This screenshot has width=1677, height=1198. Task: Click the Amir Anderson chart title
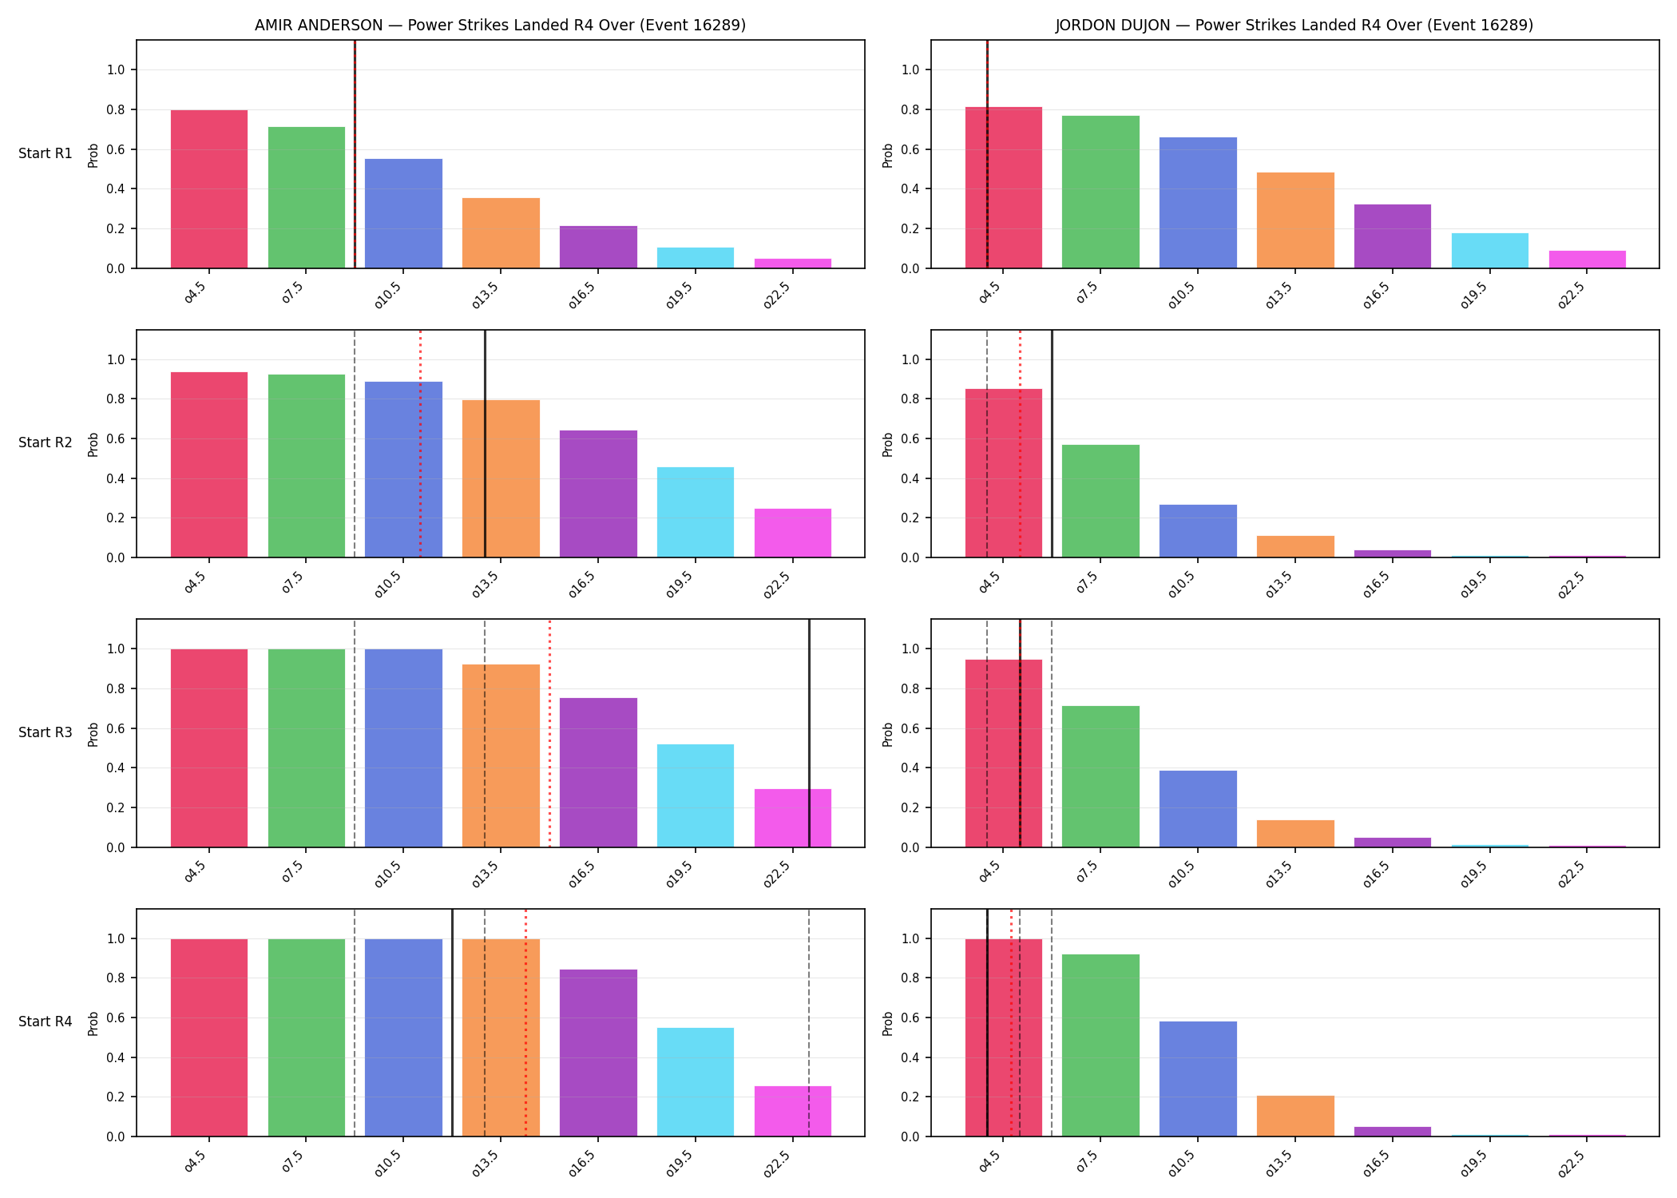click(x=500, y=25)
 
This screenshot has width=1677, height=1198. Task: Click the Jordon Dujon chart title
click(x=1294, y=25)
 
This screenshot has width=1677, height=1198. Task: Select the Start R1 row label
click(x=46, y=153)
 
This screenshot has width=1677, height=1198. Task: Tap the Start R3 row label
click(x=46, y=732)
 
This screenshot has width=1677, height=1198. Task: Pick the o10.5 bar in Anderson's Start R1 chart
click(x=403, y=213)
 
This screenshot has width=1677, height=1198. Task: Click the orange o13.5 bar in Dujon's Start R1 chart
click(x=1295, y=220)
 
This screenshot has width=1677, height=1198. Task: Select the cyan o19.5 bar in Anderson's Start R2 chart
click(x=696, y=512)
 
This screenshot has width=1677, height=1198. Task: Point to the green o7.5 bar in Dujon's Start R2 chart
click(x=1100, y=501)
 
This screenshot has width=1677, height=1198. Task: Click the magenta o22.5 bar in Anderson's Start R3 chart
click(x=793, y=818)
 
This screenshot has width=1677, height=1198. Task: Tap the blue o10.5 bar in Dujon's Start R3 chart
click(x=1198, y=809)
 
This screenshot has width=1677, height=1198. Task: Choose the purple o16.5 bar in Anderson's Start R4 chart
click(x=598, y=1053)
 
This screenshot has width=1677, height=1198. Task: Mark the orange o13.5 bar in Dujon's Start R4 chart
click(x=1295, y=1116)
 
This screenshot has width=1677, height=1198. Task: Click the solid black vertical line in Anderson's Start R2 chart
click(x=485, y=443)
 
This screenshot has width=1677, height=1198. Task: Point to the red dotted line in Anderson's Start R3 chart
click(x=549, y=733)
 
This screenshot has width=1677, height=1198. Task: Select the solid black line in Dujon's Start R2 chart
click(x=1052, y=443)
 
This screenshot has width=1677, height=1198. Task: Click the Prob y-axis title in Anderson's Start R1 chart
click(x=93, y=155)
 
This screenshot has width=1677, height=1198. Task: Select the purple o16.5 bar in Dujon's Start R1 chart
click(x=1393, y=236)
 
